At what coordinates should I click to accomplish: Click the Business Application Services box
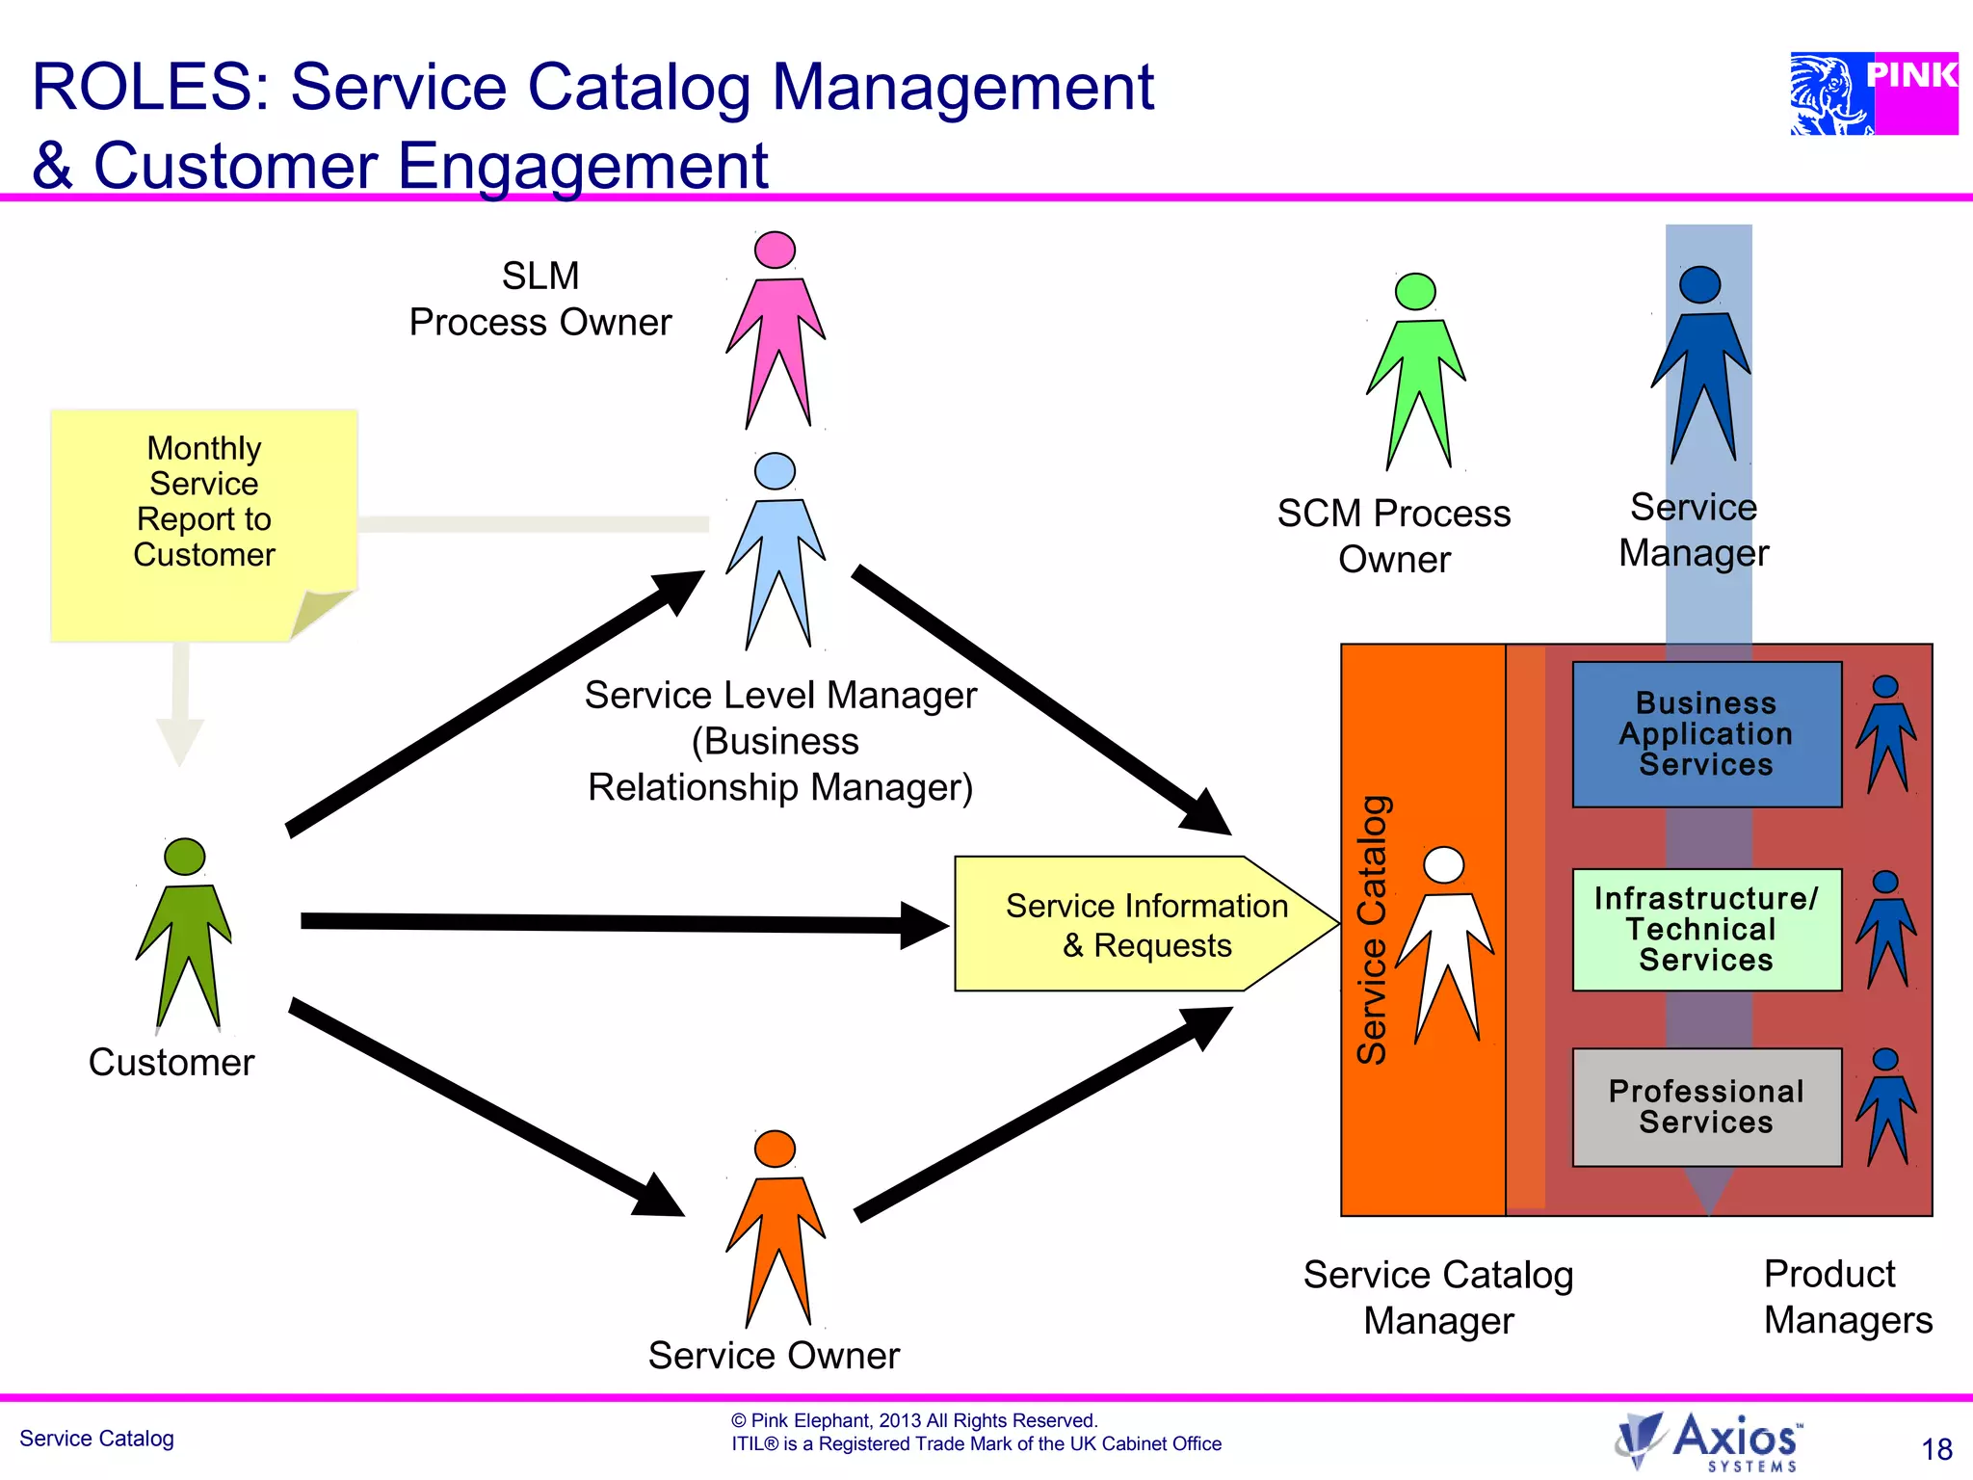pos(1706,734)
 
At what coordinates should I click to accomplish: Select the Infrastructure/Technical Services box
pos(1706,930)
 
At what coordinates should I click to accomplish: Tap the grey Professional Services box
pos(1706,1107)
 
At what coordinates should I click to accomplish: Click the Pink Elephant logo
pos(1873,93)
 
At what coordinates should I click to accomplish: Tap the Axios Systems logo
pos(1709,1440)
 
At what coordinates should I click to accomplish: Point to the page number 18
pos(1936,1449)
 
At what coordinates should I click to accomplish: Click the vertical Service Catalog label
pos(1372,930)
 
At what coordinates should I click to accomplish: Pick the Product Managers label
pos(1847,1297)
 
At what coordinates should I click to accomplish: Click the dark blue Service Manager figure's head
pos(1699,285)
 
